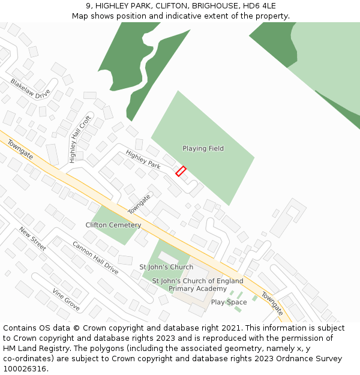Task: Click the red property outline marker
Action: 181,171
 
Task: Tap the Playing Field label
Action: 203,148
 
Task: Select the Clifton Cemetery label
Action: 113,225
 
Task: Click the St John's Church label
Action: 166,267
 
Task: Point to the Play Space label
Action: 229,302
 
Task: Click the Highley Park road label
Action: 143,159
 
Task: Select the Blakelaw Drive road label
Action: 30,89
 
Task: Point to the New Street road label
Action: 32,238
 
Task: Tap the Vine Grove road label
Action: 65,299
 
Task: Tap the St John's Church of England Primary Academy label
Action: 197,284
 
